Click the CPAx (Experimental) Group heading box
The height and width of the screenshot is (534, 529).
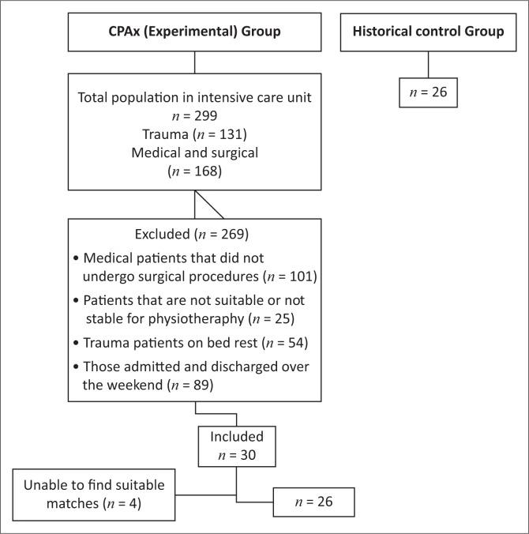(194, 32)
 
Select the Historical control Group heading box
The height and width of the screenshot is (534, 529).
(427, 32)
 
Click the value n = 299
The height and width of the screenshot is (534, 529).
(194, 115)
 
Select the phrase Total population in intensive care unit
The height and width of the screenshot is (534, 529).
(194, 97)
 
